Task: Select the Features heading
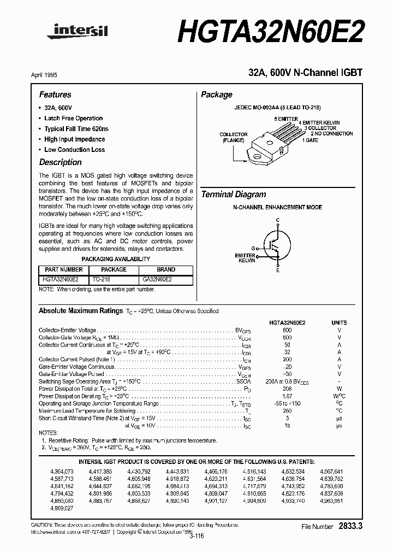(55, 95)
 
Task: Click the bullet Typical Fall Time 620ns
(76, 129)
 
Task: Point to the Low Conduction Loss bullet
(74, 150)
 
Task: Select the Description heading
(61, 162)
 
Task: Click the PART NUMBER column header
(64, 269)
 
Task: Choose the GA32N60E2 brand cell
(157, 279)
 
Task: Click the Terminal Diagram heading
(234, 195)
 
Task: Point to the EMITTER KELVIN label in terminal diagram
(245, 258)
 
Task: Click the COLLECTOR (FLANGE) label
(233, 137)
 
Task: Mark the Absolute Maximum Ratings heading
(81, 310)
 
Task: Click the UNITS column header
(339, 322)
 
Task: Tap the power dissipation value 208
(287, 388)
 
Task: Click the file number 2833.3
(351, 526)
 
